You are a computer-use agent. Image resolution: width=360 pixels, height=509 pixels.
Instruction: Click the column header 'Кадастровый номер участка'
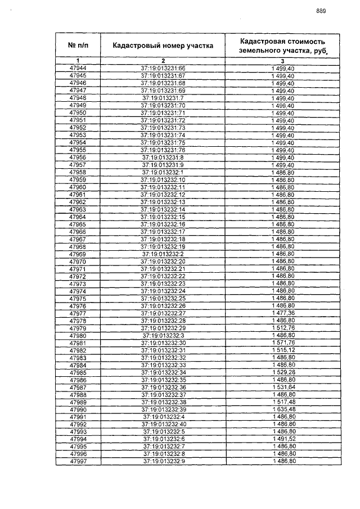[163, 46]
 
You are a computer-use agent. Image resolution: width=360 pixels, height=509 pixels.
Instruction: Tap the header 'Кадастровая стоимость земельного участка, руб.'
[282, 46]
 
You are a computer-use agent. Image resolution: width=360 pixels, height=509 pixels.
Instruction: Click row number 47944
[78, 68]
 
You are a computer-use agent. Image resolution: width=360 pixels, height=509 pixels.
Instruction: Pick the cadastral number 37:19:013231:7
[163, 98]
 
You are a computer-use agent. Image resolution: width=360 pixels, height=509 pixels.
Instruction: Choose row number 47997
[78, 462]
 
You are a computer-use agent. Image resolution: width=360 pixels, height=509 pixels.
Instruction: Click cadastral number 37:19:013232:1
[163, 172]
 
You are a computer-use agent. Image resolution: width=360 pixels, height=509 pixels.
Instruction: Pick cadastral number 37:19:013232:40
[163, 425]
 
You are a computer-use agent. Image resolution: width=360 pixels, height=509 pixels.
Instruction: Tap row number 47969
[78, 254]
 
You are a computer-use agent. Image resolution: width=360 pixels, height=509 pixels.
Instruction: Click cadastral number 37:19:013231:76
[163, 150]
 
